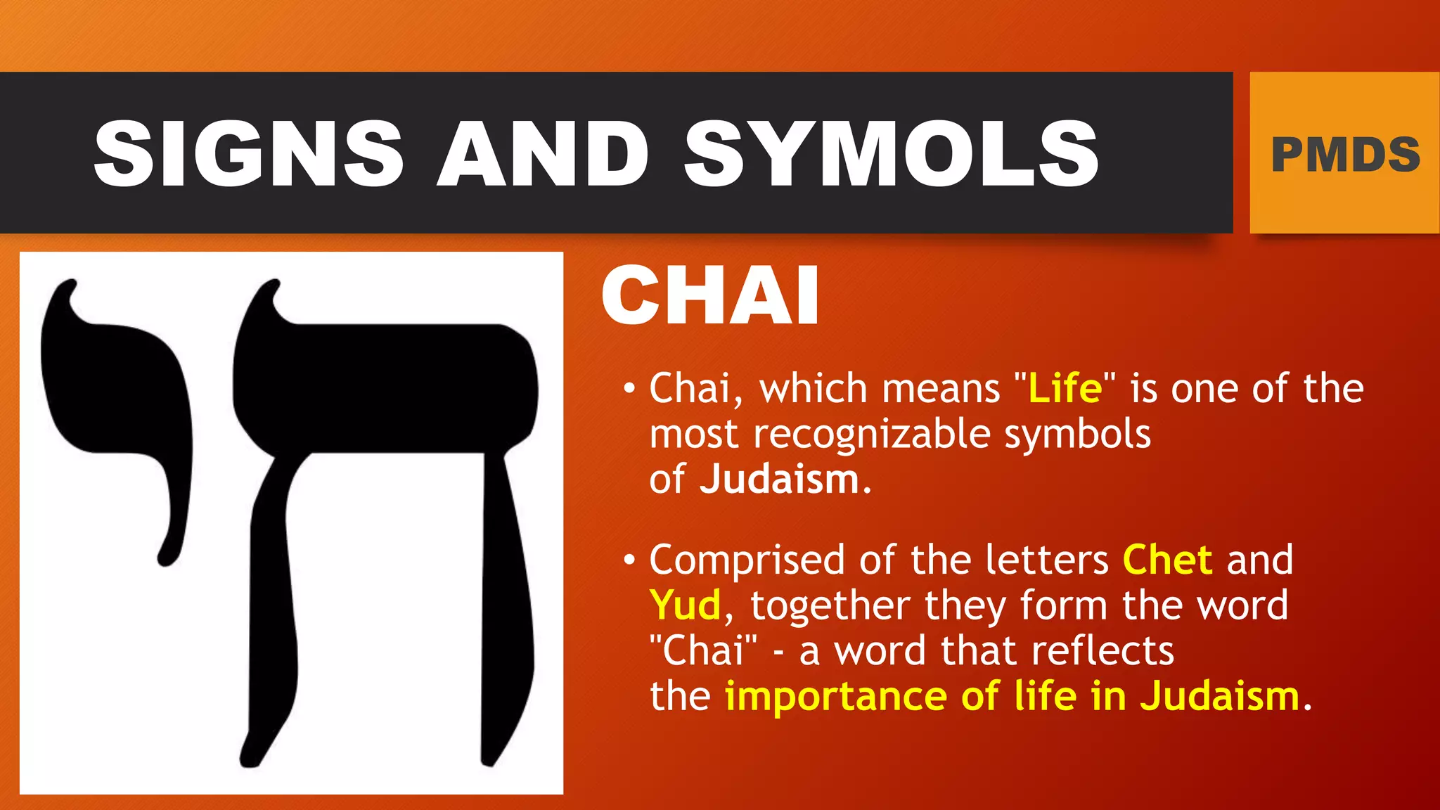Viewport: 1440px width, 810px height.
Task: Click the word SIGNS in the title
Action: tap(248, 153)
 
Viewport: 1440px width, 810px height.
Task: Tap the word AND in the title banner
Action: tap(543, 153)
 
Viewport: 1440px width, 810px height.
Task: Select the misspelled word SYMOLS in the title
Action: tap(891, 153)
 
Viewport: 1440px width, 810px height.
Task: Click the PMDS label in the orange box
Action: tap(1345, 155)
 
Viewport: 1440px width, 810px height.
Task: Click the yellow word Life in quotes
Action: tap(1065, 389)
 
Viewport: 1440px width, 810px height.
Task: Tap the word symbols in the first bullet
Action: tap(1077, 435)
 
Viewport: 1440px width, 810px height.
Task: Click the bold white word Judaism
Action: tap(779, 480)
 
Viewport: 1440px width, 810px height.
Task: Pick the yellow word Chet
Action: tap(1167, 560)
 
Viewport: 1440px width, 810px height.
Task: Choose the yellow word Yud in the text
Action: tap(686, 605)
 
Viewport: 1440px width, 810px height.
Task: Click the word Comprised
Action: tap(747, 560)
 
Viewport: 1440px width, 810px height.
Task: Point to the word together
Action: tap(830, 606)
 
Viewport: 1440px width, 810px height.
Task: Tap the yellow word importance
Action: tap(836, 696)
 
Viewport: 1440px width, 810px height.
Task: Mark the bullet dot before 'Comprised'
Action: tap(629, 560)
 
